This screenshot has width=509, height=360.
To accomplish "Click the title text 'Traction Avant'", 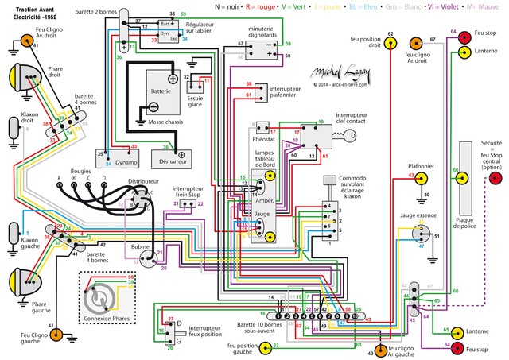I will pyautogui.click(x=29, y=7).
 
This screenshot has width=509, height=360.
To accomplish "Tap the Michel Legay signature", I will pyautogui.click(x=340, y=74).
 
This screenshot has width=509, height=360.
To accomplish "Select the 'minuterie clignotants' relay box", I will pyautogui.click(x=259, y=50).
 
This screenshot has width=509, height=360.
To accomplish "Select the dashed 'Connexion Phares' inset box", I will pyautogui.click(x=103, y=297).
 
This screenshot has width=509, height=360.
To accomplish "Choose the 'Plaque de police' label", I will pyautogui.click(x=464, y=215).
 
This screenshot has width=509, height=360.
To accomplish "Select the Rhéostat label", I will pyautogui.click(x=264, y=141).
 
